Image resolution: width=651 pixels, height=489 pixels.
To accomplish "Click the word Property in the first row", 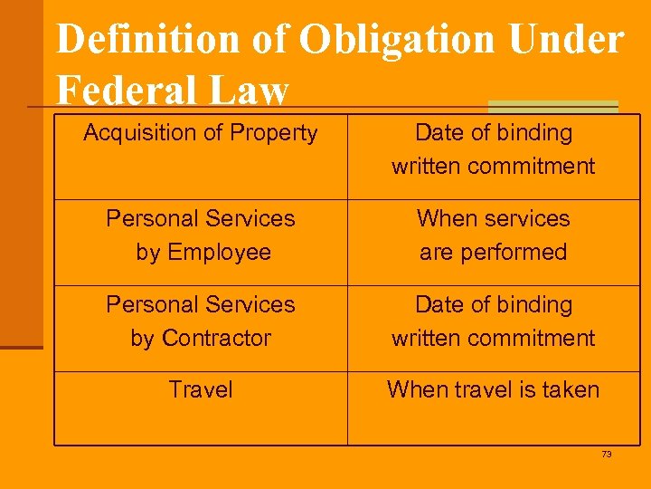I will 274,133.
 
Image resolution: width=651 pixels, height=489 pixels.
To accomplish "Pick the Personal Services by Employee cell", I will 201,235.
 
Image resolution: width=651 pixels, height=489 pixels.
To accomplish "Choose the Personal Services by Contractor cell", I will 201,321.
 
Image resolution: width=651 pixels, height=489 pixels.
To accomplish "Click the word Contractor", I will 215,339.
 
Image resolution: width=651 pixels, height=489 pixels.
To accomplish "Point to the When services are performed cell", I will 494,235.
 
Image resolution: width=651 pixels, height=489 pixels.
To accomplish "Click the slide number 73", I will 607,455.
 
